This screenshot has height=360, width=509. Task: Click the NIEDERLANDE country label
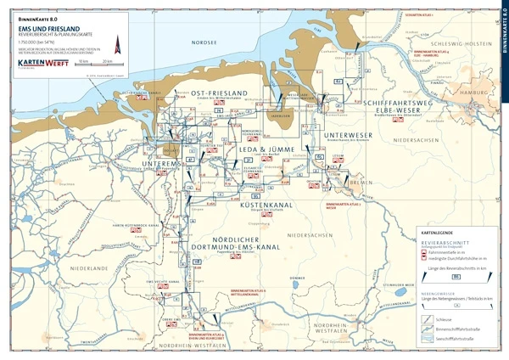[89, 268]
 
